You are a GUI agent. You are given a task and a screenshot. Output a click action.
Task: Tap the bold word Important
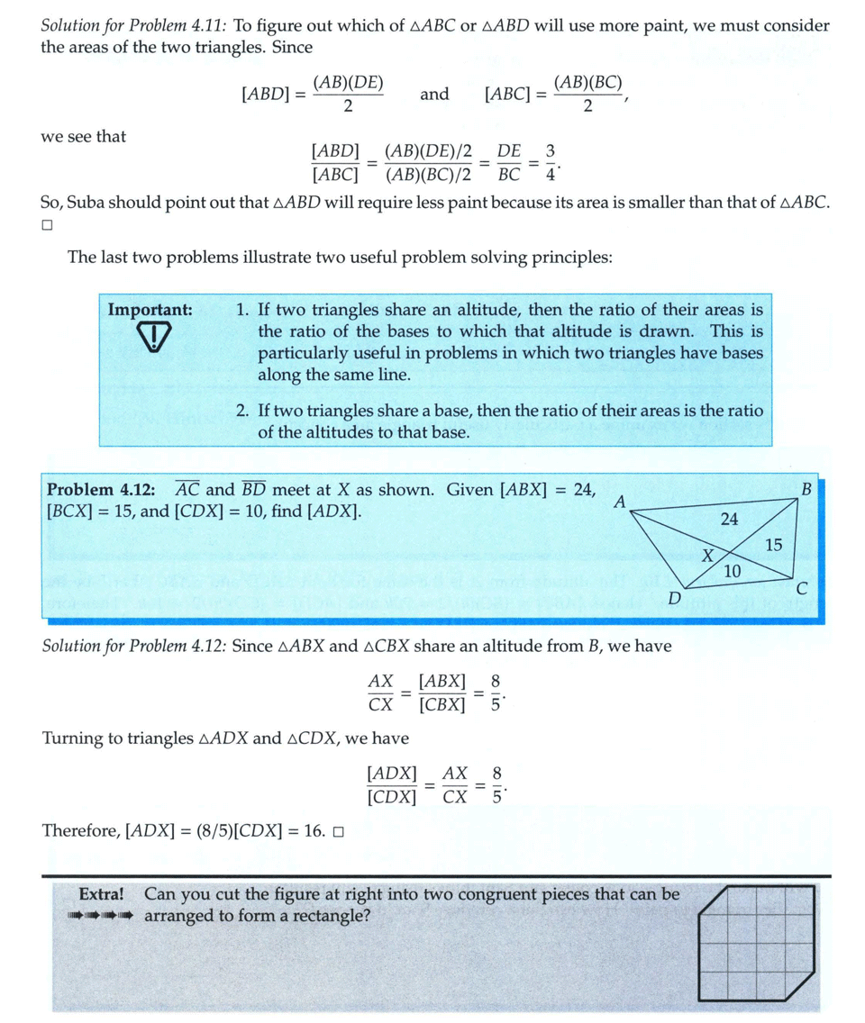click(150, 310)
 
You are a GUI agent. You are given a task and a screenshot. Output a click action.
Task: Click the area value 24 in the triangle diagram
click(730, 519)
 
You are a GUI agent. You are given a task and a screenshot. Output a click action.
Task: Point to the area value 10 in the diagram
click(733, 570)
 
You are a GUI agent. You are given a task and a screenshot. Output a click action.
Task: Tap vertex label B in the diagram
click(806, 489)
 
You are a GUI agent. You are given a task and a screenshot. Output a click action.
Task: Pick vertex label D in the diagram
click(673, 598)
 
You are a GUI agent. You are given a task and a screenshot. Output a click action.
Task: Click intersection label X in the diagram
click(708, 556)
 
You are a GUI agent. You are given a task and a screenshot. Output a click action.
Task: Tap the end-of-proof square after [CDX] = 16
click(338, 831)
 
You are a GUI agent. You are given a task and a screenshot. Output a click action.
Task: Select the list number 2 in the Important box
click(242, 411)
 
